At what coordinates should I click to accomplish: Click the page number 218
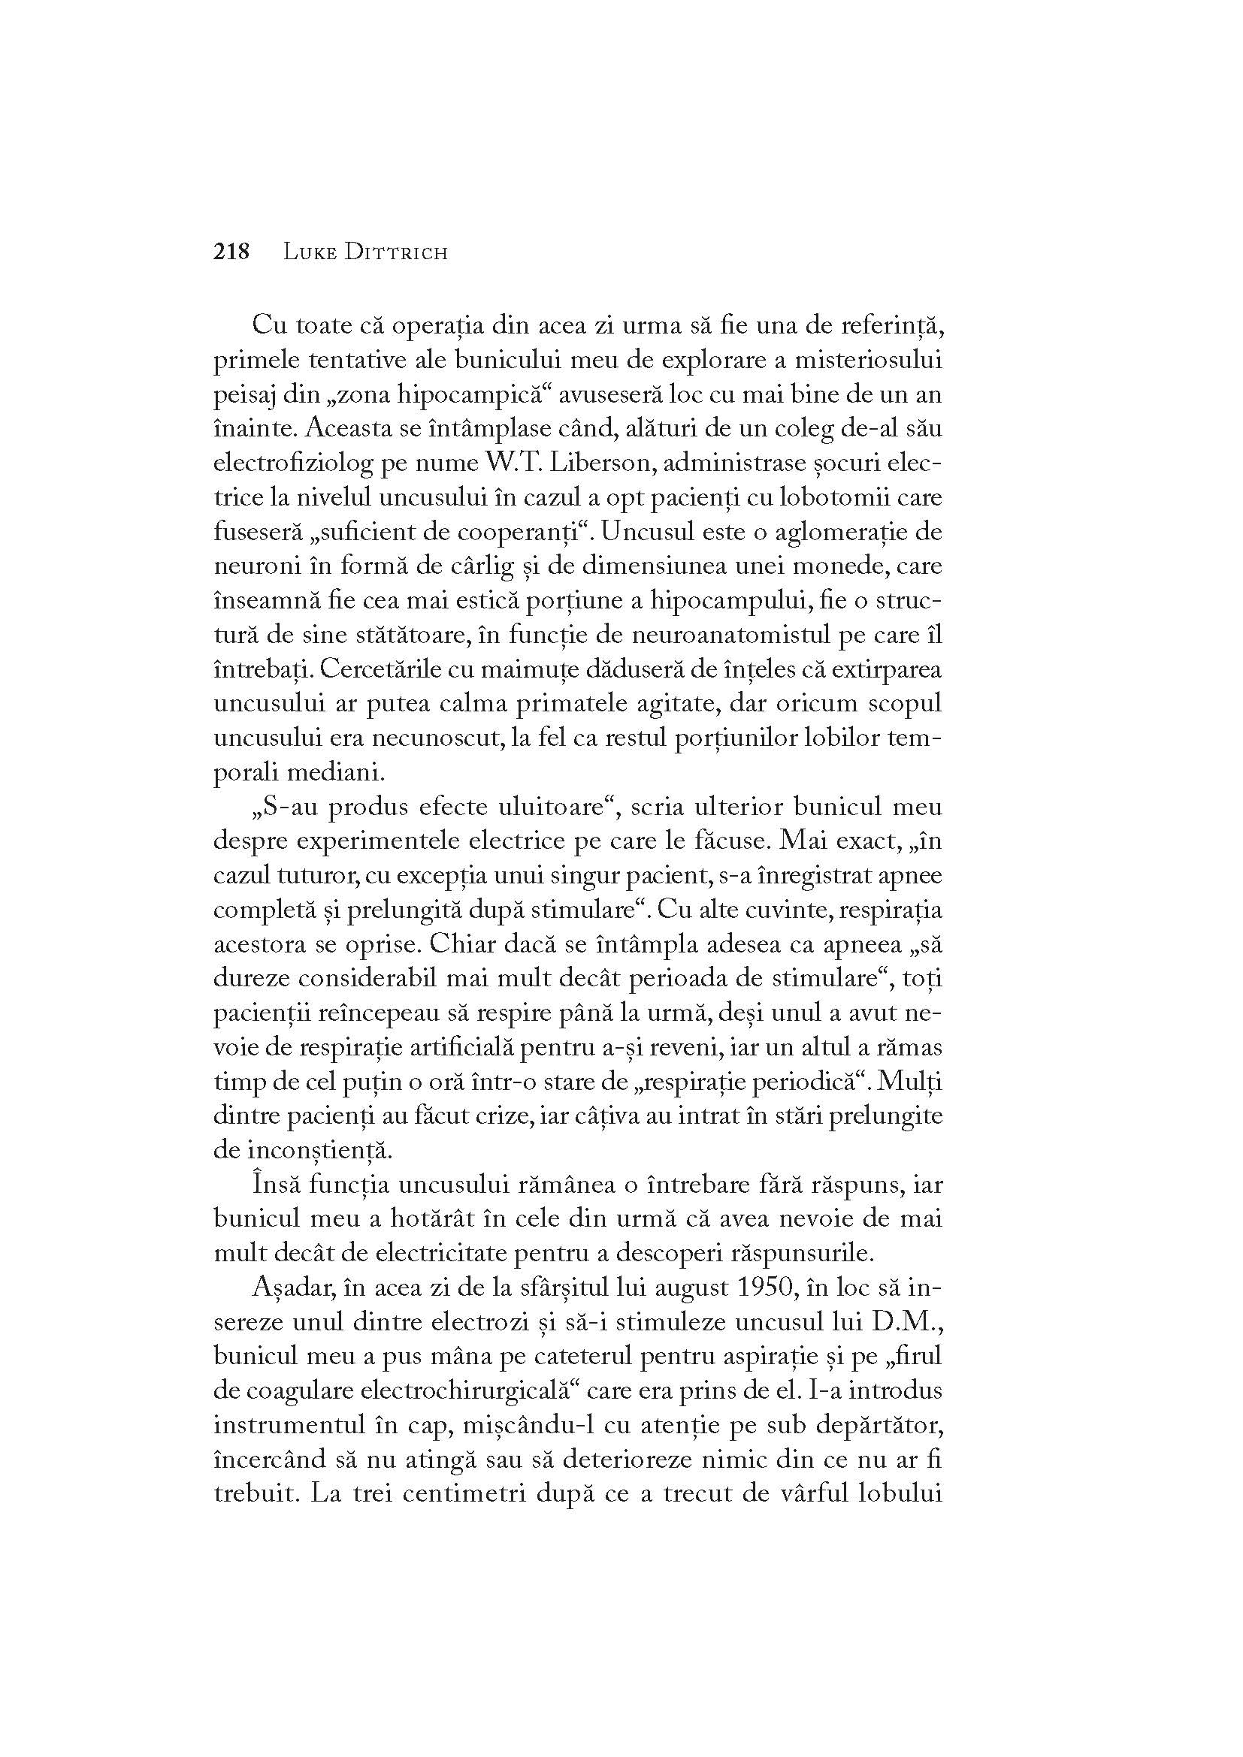point(232,252)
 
